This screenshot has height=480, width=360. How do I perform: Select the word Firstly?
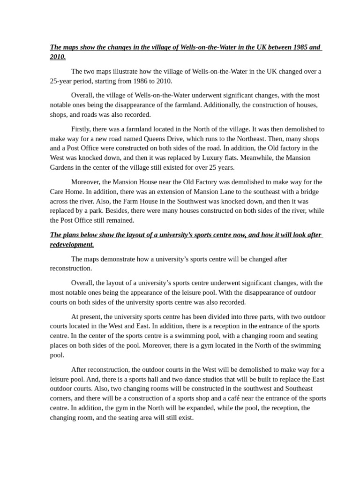pyautogui.click(x=82, y=129)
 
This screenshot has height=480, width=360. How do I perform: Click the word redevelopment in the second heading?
pyautogui.click(x=71, y=245)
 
